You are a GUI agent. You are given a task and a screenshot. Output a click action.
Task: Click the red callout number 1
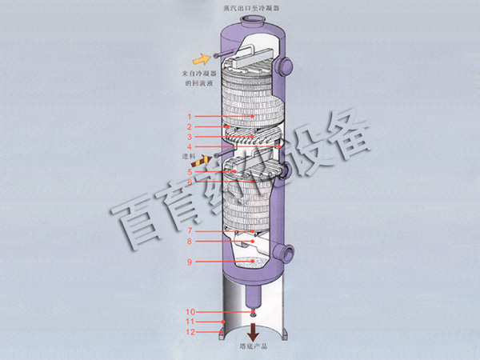pyautogui.click(x=190, y=117)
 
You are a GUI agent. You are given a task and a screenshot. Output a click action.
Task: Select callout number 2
pyautogui.click(x=190, y=127)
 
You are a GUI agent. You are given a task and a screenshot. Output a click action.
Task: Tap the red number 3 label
pyautogui.click(x=190, y=137)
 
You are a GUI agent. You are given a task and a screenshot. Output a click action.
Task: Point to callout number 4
pyautogui.click(x=190, y=147)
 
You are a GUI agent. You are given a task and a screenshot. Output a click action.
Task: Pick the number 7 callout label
pyautogui.click(x=190, y=231)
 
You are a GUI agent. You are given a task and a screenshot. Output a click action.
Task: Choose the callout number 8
pyautogui.click(x=190, y=242)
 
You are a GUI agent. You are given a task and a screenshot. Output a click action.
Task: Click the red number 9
pyautogui.click(x=190, y=262)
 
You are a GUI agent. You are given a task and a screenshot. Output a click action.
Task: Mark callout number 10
pyautogui.click(x=190, y=311)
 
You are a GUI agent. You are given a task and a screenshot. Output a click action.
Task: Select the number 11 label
pyautogui.click(x=190, y=322)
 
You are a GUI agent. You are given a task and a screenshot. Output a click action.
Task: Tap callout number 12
pyautogui.click(x=190, y=332)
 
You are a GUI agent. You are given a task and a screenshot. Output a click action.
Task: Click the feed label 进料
pyautogui.click(x=189, y=158)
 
